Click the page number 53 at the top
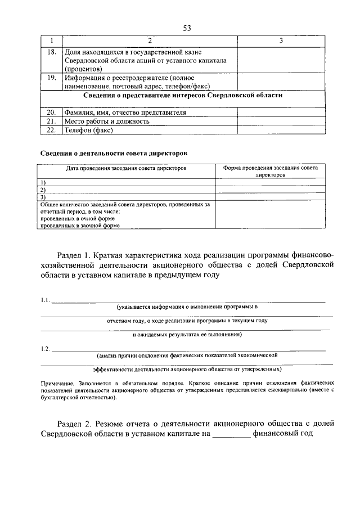click(x=187, y=28)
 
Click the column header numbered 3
click(x=281, y=41)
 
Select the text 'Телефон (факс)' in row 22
click(x=88, y=130)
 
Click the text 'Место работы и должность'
click(x=106, y=121)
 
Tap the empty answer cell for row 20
click(x=281, y=112)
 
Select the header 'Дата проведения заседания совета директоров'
click(x=126, y=168)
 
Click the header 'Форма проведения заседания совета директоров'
click(x=271, y=171)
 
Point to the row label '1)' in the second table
click(x=43, y=183)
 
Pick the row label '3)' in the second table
click(x=43, y=197)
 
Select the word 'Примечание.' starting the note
click(x=58, y=382)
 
